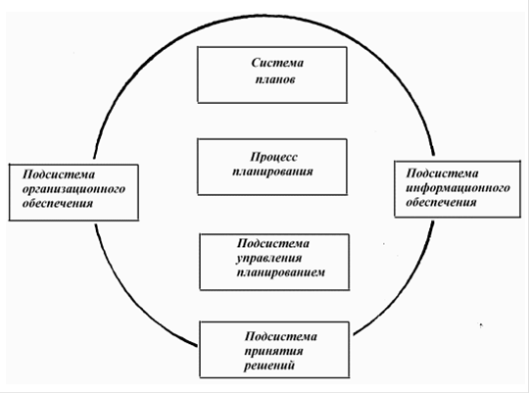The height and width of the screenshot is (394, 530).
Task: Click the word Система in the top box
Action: coord(277,63)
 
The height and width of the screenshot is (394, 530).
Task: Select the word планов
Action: coord(275,79)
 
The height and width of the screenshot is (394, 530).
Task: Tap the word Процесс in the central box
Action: coord(273,157)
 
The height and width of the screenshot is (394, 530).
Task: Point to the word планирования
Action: coord(272,172)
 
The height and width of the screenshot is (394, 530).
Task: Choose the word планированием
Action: coord(280,272)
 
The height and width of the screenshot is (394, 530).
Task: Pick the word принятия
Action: coord(273,352)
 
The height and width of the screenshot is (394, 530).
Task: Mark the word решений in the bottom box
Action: coord(269,366)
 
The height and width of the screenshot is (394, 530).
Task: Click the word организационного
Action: coord(73,189)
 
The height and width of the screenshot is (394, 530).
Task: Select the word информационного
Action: coord(458,188)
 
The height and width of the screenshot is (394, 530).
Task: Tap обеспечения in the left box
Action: coord(58,203)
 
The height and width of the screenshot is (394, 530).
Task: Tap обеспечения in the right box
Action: coord(441,202)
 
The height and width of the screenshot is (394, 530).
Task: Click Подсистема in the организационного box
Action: coord(59,174)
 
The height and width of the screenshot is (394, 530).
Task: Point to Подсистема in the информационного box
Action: coord(442,173)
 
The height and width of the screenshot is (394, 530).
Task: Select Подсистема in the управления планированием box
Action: coord(273,243)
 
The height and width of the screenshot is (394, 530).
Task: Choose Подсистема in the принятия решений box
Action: coord(280,336)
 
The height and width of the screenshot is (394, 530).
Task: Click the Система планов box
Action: coord(272,74)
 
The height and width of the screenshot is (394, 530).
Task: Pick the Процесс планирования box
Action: coord(272,167)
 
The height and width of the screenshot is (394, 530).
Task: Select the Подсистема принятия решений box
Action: coord(274,350)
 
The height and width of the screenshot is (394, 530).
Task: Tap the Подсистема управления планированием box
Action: coord(274,262)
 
